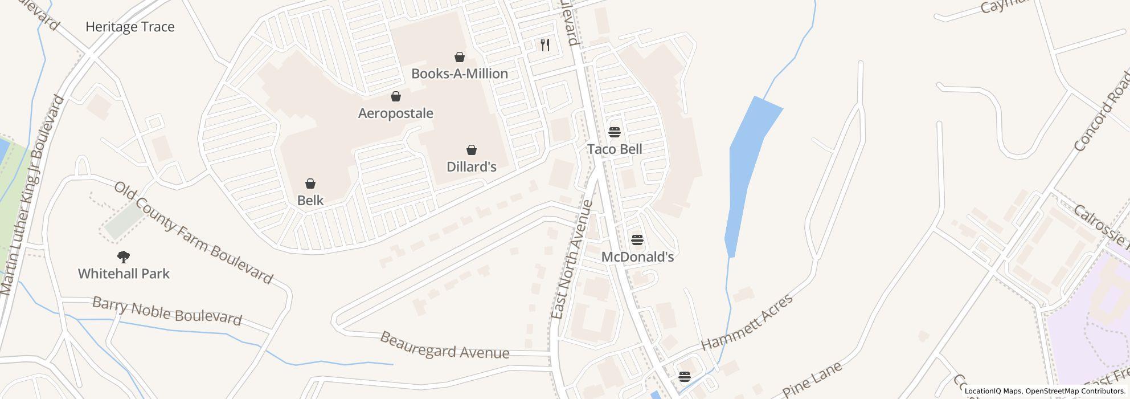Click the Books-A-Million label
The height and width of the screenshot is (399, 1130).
click(459, 74)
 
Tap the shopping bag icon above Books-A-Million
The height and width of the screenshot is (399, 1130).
click(459, 57)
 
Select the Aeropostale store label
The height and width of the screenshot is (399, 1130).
click(395, 113)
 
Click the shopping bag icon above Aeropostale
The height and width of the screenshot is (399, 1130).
click(395, 97)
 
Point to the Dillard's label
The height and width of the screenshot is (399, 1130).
click(471, 166)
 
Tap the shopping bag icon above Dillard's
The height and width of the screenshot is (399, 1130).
click(471, 150)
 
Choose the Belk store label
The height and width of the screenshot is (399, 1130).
click(310, 200)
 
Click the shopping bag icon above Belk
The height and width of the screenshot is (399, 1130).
click(310, 184)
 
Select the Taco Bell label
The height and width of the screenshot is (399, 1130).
click(614, 149)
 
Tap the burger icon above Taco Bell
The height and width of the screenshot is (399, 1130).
click(614, 132)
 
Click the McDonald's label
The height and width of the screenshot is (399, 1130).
click(637, 257)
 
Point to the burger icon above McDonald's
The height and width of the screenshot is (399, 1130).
click(637, 240)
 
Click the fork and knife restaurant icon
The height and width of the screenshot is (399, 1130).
click(545, 44)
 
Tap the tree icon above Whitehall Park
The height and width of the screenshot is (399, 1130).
click(123, 257)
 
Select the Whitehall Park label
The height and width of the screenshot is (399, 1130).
click(124, 274)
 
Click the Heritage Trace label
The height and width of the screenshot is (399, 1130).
click(130, 27)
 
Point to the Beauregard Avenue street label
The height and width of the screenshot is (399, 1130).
click(444, 345)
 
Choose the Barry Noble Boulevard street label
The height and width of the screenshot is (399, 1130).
click(167, 311)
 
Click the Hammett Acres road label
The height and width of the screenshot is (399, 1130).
click(746, 322)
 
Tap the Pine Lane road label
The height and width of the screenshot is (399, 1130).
click(812, 379)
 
